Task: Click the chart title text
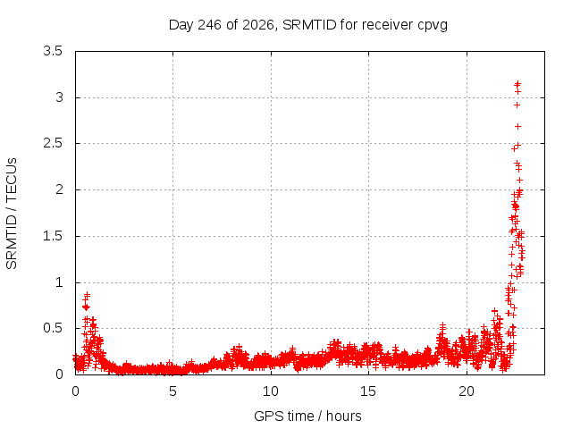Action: pos(307,25)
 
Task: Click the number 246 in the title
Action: pos(209,25)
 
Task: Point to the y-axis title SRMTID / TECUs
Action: pos(12,214)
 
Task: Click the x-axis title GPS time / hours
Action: pos(307,416)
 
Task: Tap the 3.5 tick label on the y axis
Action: pos(53,51)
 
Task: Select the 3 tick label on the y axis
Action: pos(60,97)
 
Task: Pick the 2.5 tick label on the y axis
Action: pos(53,143)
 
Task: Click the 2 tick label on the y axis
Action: pos(60,189)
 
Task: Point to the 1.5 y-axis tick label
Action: pos(53,236)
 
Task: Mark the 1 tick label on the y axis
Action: pos(60,282)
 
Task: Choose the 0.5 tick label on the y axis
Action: pos(53,328)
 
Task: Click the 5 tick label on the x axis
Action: pos(172,391)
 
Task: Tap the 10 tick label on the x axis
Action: pos(271,391)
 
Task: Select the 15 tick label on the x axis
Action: pos(368,391)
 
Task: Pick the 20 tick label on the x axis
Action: pos(467,391)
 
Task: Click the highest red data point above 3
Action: pos(517,84)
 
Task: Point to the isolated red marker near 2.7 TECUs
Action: pos(517,127)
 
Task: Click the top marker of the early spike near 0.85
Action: pos(87,294)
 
